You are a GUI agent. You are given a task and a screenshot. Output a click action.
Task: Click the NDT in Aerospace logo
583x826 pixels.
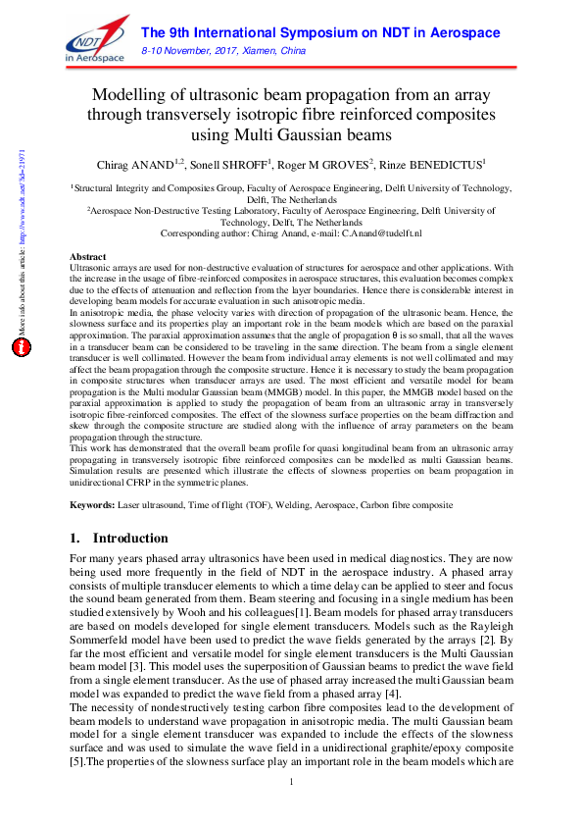coord(95,42)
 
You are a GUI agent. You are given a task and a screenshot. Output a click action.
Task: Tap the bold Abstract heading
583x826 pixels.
coord(88,254)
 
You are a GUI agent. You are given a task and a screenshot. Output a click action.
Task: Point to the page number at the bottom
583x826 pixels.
coord(291,807)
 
